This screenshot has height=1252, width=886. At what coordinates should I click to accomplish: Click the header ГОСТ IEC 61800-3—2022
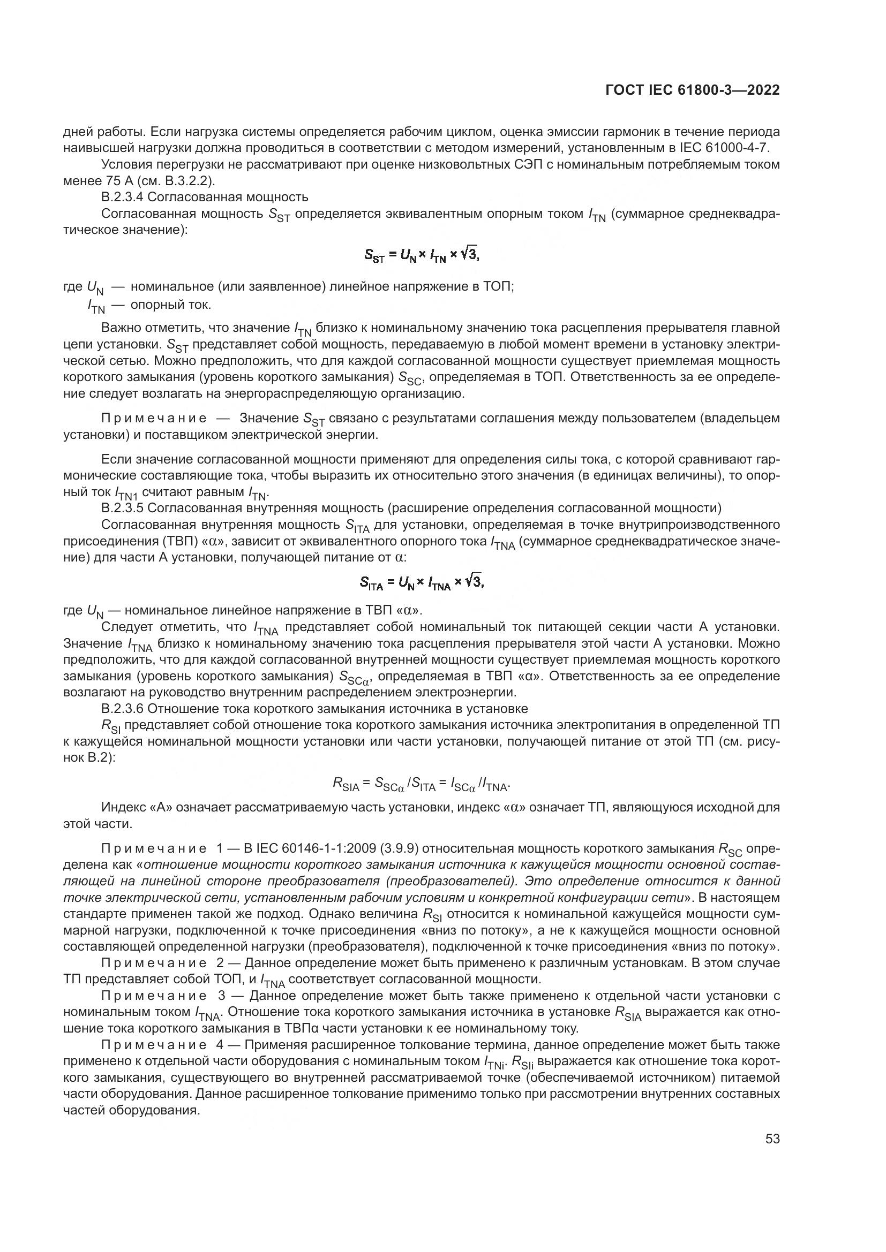coord(692,90)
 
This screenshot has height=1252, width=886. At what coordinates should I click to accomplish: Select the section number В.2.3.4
coord(123,197)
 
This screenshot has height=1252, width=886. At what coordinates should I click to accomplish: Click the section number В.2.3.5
coord(123,508)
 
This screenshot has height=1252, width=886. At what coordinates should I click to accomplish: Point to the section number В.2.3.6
coord(123,709)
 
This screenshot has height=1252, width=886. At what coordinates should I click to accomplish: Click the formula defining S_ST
coord(422,254)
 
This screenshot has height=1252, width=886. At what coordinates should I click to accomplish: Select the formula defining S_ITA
coord(422,583)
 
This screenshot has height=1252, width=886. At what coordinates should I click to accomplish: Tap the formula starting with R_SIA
coord(422,785)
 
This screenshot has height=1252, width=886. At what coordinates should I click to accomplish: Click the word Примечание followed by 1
coord(154,848)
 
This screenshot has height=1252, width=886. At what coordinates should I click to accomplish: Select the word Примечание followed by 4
coord(154,1045)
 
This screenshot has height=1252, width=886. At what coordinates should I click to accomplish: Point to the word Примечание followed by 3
coord(154,996)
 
